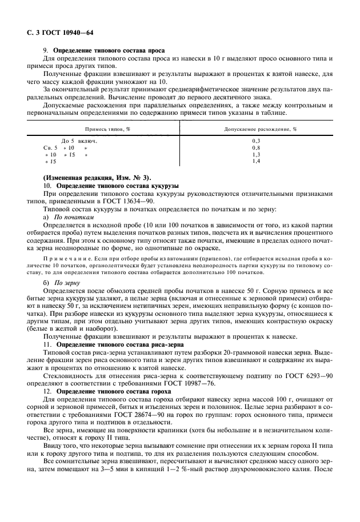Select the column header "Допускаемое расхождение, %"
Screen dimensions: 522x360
[255, 129]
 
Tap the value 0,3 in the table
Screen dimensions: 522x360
[255, 140]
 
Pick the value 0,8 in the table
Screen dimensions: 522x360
[255, 147]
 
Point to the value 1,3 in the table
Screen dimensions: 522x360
[255, 155]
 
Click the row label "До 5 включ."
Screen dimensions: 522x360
[78, 140]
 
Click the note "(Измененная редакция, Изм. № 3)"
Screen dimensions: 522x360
[97, 179]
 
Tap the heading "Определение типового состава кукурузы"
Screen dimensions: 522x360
[117, 186]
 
